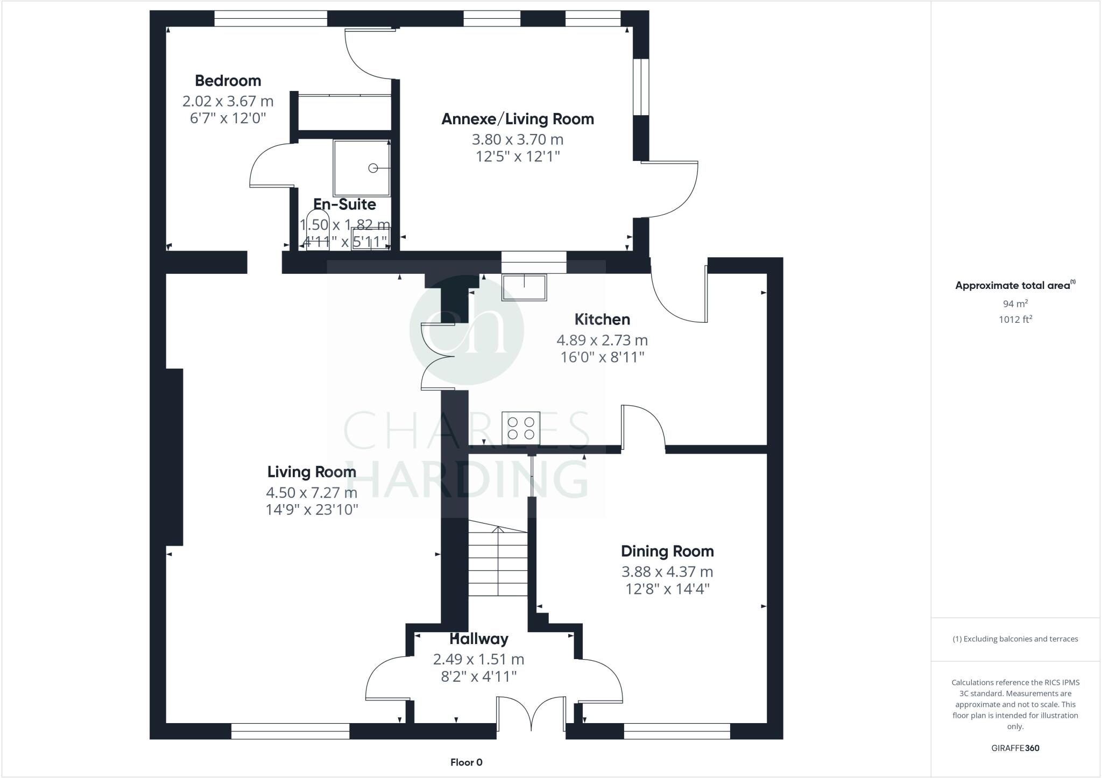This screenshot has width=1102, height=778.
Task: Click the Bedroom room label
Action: pyautogui.click(x=228, y=81)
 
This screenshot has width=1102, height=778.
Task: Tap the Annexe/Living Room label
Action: pyautogui.click(x=518, y=119)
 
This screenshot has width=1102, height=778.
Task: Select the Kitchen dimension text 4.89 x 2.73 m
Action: pyautogui.click(x=602, y=340)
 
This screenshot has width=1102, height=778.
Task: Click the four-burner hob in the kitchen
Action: pyautogui.click(x=521, y=428)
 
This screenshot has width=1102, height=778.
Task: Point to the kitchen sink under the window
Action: pyautogui.click(x=524, y=287)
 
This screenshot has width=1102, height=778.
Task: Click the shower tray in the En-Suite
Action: pyautogui.click(x=361, y=168)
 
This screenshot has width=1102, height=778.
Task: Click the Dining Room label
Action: pyautogui.click(x=667, y=551)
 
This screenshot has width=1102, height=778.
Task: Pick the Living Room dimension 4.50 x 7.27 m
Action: pyautogui.click(x=311, y=492)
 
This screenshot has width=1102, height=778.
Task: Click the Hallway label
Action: pyautogui.click(x=479, y=639)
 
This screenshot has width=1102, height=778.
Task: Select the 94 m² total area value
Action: pyautogui.click(x=1015, y=303)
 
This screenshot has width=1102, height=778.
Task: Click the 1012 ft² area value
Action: pyautogui.click(x=1015, y=319)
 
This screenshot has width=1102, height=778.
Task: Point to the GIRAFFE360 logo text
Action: pyautogui.click(x=1015, y=748)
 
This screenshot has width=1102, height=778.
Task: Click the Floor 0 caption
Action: pyautogui.click(x=466, y=762)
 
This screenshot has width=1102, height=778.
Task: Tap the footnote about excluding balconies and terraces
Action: pyautogui.click(x=1015, y=639)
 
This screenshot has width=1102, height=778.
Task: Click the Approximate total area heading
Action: pyautogui.click(x=1014, y=285)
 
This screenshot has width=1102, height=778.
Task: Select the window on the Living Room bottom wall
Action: pyautogui.click(x=290, y=731)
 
